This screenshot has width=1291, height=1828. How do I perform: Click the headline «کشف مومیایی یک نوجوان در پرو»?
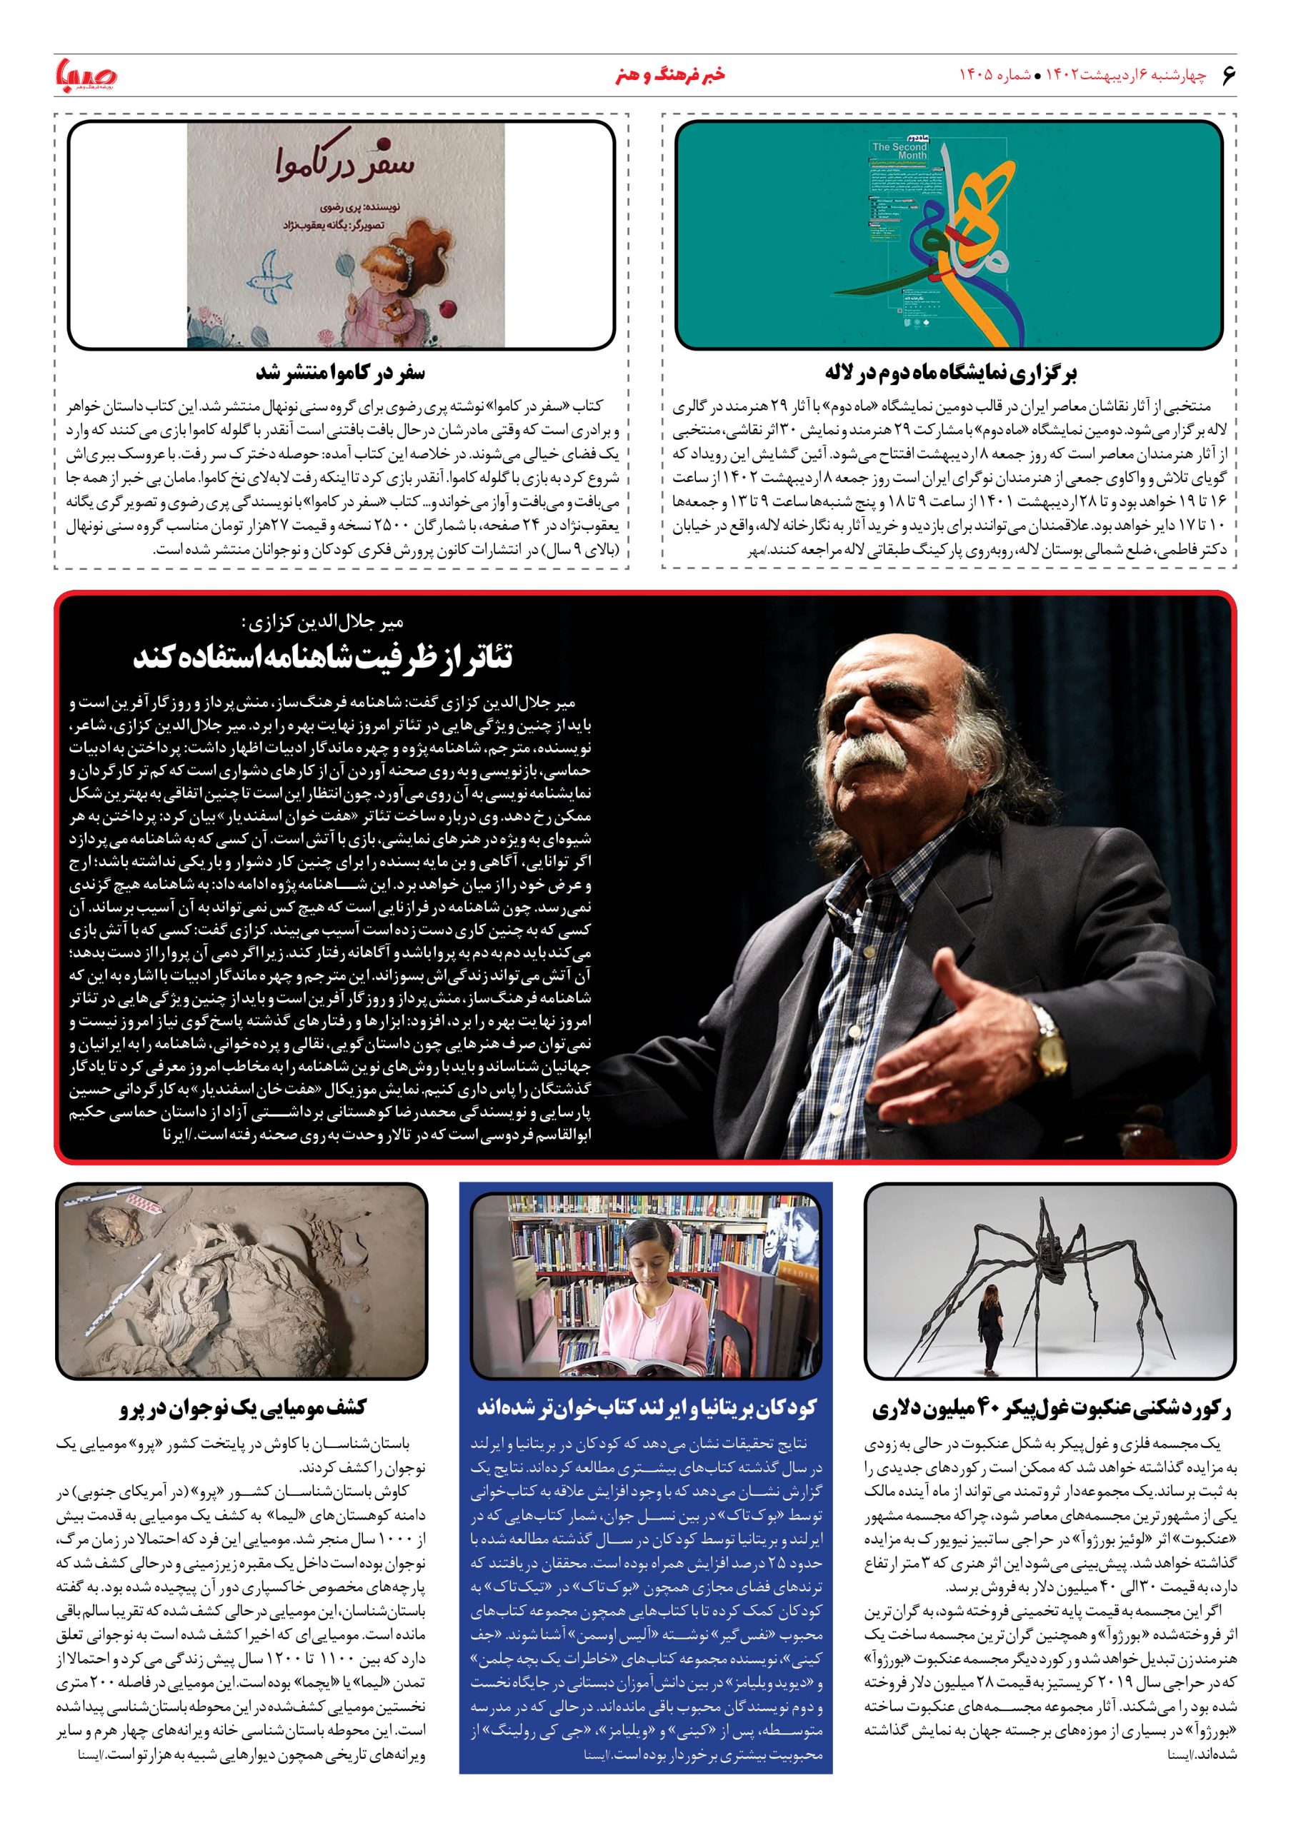pos(242,1407)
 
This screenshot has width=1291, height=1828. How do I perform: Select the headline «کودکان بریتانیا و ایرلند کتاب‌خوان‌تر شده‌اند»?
pos(646,1407)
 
